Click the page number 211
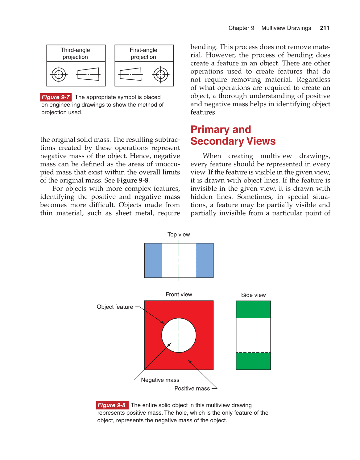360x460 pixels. (x=325, y=28)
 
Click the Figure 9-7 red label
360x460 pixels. (x=56, y=97)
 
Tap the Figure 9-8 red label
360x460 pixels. (x=112, y=405)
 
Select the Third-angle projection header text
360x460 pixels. (x=75, y=53)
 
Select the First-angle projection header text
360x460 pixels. (x=143, y=53)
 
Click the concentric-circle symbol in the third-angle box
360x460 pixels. (x=59, y=74)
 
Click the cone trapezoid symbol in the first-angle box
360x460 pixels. (x=130, y=74)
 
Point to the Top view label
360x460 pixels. (x=179, y=235)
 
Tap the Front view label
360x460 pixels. (x=179, y=295)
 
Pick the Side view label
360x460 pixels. (x=253, y=295)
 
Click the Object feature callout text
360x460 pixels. (x=115, y=307)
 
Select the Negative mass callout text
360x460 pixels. (x=160, y=380)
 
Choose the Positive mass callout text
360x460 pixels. (x=192, y=388)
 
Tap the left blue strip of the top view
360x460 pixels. (x=153, y=260)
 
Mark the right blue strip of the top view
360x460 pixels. (x=205, y=260)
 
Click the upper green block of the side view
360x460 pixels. (x=253, y=309)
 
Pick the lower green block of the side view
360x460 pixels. (x=253, y=361)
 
